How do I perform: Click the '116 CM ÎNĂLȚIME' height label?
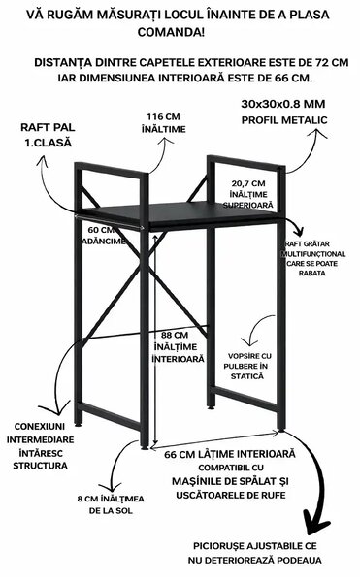tap(163, 123)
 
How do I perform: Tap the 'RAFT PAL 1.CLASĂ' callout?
tap(48, 135)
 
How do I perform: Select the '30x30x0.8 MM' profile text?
tap(283, 104)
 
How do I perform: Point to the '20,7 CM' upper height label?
tap(248, 183)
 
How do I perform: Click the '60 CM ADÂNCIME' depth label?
tap(103, 236)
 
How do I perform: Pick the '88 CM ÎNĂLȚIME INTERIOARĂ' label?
tap(178, 346)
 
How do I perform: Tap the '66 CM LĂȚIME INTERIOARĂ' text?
tap(230, 454)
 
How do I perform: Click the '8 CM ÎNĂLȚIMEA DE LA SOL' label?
tap(111, 504)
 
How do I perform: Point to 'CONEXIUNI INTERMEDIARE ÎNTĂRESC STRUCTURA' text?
tap(40, 446)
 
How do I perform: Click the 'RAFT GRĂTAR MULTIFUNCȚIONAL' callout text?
tap(312, 249)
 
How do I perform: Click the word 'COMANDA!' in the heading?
tap(171, 32)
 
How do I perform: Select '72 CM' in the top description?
tap(332, 62)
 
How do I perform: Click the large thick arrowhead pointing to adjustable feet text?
tap(315, 523)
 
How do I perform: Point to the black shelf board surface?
tap(179, 212)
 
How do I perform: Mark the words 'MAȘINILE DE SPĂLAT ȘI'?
tap(230, 481)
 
